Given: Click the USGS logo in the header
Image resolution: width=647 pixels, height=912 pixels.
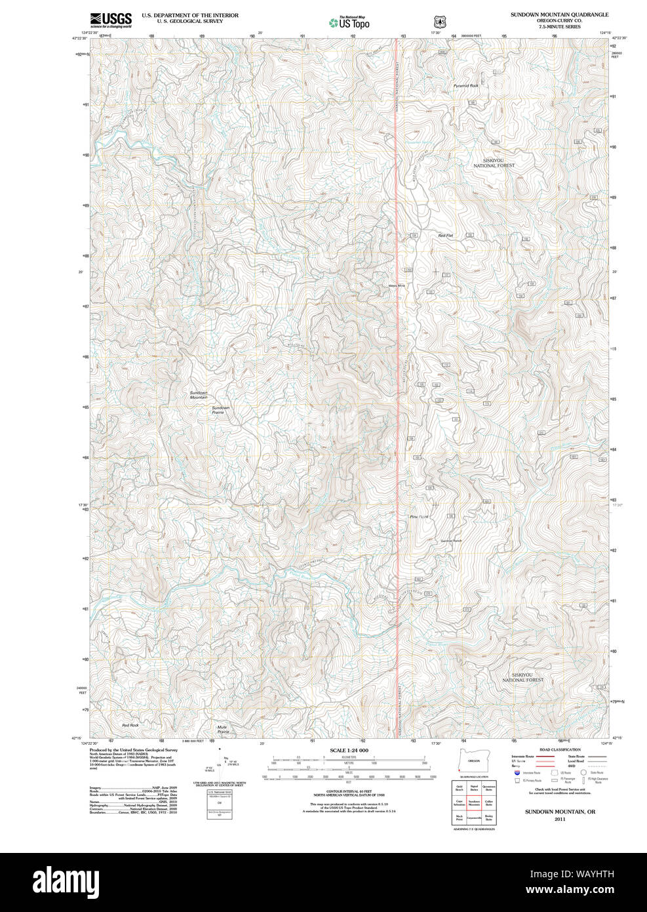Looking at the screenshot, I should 111,19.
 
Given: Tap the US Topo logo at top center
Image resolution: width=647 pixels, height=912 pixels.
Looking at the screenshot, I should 349,22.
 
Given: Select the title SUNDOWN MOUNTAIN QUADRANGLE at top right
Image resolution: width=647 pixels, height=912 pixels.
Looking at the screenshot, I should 559,14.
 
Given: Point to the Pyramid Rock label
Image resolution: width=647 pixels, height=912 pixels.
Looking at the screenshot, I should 465,85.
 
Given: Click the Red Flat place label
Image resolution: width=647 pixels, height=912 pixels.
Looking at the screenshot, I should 446,235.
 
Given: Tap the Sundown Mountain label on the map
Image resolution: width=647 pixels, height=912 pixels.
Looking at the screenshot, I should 199,395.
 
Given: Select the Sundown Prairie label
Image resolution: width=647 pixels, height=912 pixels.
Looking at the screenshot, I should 221,410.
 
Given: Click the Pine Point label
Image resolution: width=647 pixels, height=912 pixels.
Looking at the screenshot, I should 419,517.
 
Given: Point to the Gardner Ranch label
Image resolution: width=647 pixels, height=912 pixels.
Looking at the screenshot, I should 451,541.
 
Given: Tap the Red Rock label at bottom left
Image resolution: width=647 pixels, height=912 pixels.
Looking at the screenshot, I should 130,725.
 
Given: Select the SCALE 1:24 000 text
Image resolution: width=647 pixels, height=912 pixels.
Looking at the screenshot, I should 349,751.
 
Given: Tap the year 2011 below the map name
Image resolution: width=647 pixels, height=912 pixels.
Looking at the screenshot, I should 559,819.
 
